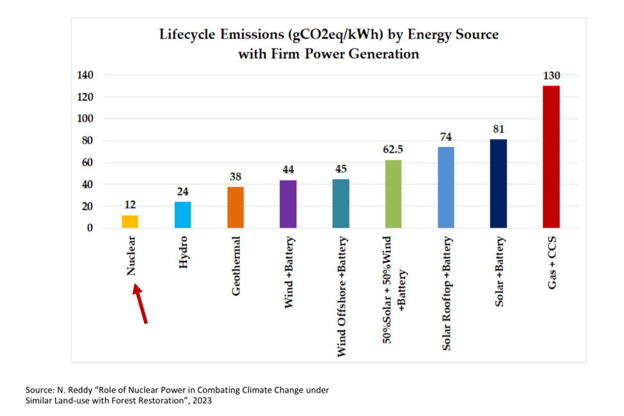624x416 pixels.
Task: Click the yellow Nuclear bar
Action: [130, 221]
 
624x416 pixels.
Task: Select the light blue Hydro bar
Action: [182, 215]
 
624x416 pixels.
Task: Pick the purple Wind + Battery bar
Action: [288, 204]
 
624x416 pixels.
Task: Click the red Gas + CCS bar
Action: [551, 157]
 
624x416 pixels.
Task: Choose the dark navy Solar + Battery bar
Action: [499, 184]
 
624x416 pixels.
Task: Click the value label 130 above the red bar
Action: [552, 76]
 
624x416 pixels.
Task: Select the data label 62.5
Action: [393, 150]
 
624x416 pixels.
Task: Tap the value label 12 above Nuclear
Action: [130, 205]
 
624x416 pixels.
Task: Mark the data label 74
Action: [446, 137]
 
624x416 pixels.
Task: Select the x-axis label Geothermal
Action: [236, 266]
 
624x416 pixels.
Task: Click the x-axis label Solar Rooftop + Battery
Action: [446, 294]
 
